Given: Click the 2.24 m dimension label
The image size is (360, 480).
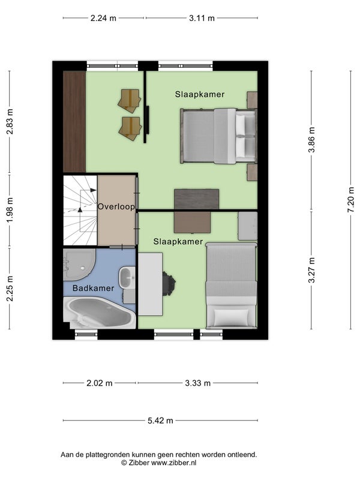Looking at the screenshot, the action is point(103,18).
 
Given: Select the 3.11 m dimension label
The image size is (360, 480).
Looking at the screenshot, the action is point(202,18).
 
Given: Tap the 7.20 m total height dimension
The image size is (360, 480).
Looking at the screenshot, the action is point(351,200).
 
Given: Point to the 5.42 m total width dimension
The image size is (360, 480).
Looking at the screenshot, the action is point(160,421).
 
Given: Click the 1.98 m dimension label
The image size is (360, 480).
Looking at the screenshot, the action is point(10,211).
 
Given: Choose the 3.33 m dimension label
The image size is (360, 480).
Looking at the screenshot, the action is point(198,383).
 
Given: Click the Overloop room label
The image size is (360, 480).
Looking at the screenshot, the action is point(116,206).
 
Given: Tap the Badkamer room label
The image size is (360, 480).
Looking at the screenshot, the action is point(94,288).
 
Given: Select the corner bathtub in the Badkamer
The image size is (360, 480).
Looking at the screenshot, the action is point(100,313).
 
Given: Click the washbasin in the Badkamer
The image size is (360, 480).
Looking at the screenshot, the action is point(127,277).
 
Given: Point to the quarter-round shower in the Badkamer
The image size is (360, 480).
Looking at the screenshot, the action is point(79,264).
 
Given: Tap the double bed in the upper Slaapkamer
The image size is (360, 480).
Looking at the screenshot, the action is point(218,136).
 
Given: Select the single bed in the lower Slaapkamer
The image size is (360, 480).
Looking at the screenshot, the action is point(232,286).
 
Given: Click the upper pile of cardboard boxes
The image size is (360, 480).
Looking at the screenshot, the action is point(130,100).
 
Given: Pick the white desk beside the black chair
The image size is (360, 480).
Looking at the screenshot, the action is point(151,284).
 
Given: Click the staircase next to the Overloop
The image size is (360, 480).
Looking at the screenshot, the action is point(80,211).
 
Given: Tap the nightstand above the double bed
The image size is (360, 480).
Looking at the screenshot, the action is point(252,100).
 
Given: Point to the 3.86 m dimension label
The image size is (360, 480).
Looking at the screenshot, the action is point(311,140).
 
